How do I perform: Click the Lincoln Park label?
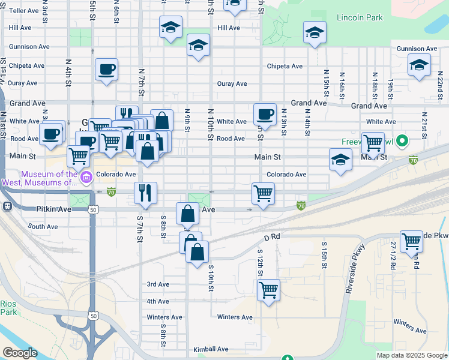click(x=360, y=17)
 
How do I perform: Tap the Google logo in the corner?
click(x=19, y=353)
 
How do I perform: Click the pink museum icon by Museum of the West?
click(x=87, y=176)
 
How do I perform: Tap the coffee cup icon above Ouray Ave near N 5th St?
click(x=106, y=69)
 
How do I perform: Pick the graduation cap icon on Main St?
click(x=340, y=160)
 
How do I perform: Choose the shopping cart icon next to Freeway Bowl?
click(x=373, y=143)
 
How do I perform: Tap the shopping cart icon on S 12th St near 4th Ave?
click(x=268, y=290)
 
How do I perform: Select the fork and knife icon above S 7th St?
click(x=145, y=193)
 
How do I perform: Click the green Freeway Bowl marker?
click(x=402, y=142)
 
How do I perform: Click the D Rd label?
click(x=271, y=237)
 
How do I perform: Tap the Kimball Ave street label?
click(x=211, y=349)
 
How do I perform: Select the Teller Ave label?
click(x=23, y=11)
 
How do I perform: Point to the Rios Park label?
click(x=8, y=308)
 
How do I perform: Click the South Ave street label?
click(x=43, y=227)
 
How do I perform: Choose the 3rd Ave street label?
click(x=158, y=284)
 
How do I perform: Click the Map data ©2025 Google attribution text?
click(x=411, y=355)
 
